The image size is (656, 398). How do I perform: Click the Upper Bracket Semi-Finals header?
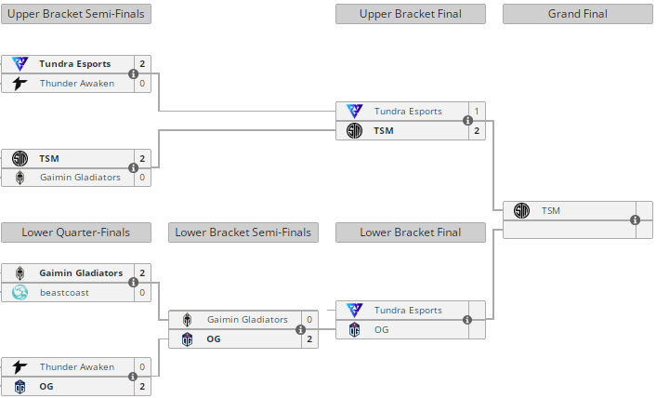76,14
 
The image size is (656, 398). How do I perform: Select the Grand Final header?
577,14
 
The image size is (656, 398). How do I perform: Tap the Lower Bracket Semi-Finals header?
243,232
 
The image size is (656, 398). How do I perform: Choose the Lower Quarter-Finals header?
76,232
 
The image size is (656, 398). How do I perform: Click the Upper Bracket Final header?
411,14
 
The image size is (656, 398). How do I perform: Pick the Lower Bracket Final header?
411,232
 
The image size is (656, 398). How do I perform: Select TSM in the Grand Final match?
551,211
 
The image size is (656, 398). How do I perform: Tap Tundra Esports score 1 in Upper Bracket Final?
477,112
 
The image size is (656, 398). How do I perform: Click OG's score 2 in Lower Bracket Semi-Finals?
309,338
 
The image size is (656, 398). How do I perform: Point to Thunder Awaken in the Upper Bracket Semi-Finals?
77,84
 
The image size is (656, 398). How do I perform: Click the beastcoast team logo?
20,292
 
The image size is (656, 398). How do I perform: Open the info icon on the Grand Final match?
635,220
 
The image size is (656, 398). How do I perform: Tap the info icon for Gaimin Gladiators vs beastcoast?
133,283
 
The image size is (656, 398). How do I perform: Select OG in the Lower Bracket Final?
381,329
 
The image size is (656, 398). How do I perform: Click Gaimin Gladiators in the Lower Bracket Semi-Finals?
248,320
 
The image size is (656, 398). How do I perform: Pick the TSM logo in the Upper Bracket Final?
354,130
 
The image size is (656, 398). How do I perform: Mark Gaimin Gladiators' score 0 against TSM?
142,177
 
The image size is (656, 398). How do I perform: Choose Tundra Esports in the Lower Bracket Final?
408,311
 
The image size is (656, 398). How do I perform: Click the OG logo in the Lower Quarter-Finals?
20,386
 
